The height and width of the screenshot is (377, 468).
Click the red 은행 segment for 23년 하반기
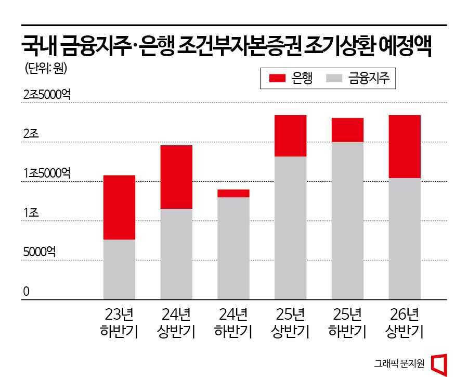119,207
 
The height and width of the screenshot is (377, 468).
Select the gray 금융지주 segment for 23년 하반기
119,269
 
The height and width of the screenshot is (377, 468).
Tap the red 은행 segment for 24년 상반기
176,177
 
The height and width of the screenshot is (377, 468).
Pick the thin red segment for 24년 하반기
233,193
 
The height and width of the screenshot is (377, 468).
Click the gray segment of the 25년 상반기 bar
290,228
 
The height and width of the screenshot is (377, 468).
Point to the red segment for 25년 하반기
347,130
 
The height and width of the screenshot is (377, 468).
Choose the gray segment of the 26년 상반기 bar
405,238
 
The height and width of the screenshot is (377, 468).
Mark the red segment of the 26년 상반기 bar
405,146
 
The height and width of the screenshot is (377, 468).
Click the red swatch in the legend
278,79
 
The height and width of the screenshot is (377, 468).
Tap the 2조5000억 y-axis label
47,95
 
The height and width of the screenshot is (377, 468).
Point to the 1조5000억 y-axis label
47,173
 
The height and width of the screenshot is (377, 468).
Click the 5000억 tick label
39,252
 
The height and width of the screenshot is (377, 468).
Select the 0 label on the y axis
25,292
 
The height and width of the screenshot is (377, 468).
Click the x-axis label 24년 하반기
233,322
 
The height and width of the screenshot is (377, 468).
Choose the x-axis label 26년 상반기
405,322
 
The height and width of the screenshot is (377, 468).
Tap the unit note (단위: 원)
46,68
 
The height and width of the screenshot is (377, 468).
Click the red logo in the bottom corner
440,363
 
